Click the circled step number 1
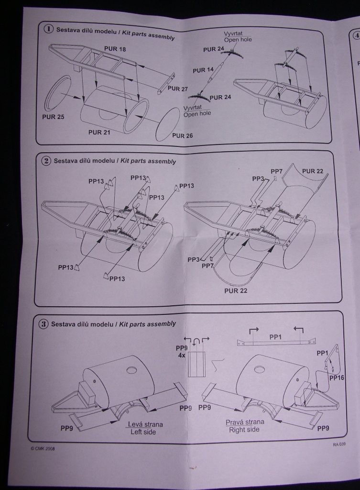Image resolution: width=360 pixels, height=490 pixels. click(x=49, y=29)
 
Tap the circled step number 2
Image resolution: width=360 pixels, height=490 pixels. click(x=46, y=161)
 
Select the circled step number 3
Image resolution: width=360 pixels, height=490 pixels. click(x=44, y=324)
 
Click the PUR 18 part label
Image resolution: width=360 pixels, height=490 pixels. click(x=115, y=49)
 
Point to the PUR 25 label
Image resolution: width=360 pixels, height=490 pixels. click(x=53, y=117)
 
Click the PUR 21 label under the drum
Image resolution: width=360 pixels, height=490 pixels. click(x=99, y=132)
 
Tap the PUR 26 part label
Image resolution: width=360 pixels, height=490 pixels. click(x=182, y=135)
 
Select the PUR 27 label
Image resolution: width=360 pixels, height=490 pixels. click(x=177, y=89)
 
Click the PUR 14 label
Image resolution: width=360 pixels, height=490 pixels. click(x=203, y=70)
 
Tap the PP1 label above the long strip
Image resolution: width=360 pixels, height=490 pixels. click(x=275, y=337)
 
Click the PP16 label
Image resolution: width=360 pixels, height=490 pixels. click(x=336, y=378)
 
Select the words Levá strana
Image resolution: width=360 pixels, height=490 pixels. click(x=145, y=424)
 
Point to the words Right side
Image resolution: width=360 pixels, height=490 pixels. click(x=244, y=430)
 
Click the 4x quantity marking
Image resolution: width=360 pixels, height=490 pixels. click(x=181, y=356)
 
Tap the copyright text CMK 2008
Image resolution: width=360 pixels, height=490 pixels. click(x=42, y=449)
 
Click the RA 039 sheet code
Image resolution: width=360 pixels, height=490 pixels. click(x=339, y=444)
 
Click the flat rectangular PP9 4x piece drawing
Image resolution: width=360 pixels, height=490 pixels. click(x=196, y=365)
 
